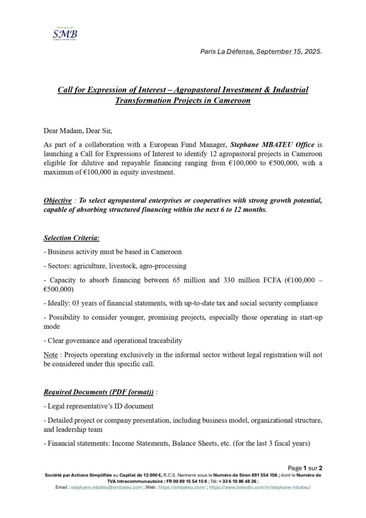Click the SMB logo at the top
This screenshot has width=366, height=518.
(66, 33)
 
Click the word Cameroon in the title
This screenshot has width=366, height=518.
(231, 100)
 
